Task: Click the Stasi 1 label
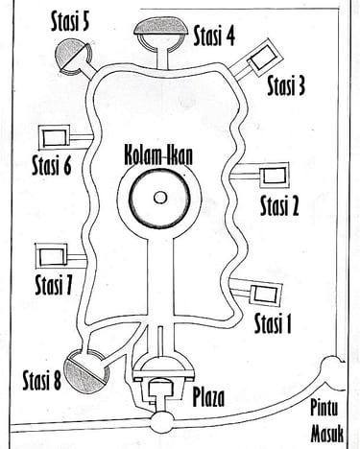click(x=273, y=323)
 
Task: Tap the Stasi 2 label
click(x=279, y=205)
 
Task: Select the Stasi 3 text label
click(x=286, y=85)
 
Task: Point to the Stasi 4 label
click(x=214, y=35)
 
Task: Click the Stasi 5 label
click(x=70, y=22)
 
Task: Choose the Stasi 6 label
click(x=52, y=165)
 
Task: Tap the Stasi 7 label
click(x=54, y=285)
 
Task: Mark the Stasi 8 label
click(x=42, y=380)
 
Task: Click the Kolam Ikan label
click(x=158, y=156)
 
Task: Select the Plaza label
click(x=208, y=397)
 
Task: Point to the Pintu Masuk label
click(x=327, y=421)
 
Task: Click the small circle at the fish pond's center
click(x=160, y=198)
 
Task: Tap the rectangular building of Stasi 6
click(x=54, y=138)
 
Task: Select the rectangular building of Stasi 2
click(x=276, y=176)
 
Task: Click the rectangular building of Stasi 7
click(x=52, y=256)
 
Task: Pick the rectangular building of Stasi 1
click(x=266, y=294)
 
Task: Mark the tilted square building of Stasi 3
click(x=262, y=59)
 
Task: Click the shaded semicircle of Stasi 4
click(x=161, y=27)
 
